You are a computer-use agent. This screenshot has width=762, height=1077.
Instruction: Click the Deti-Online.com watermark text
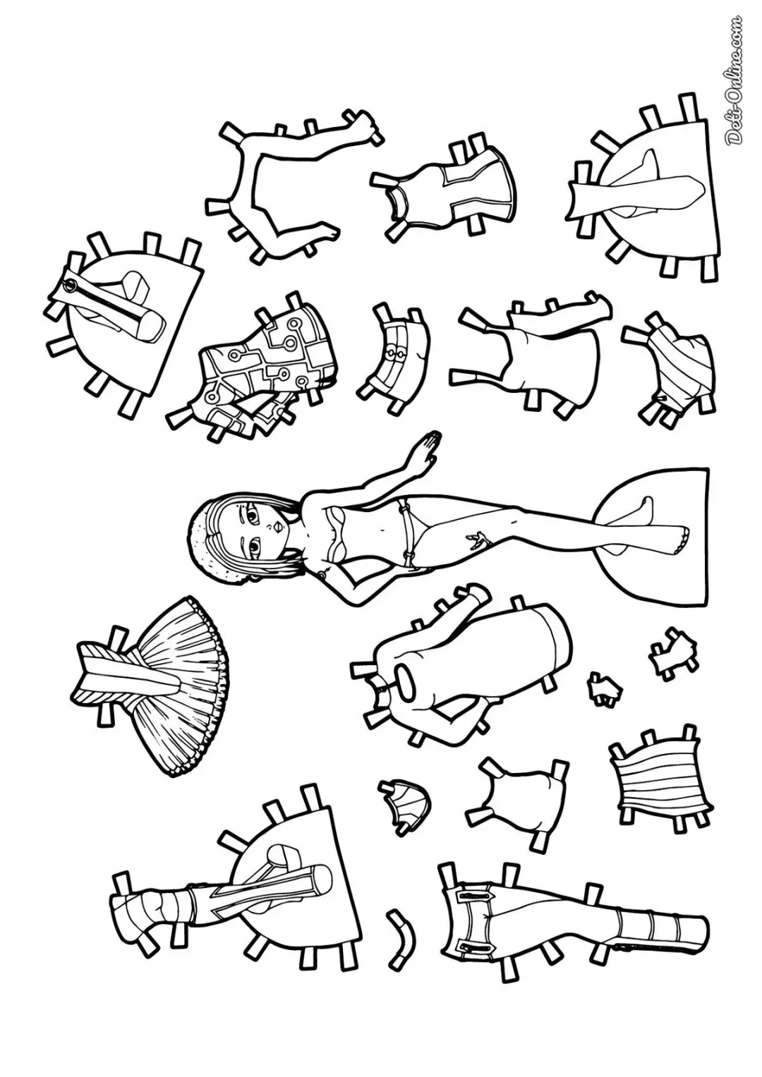[x=735, y=80]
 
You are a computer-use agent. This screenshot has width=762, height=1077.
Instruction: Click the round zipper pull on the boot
[x=71, y=286]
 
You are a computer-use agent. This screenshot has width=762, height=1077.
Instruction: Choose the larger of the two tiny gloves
[x=672, y=654]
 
